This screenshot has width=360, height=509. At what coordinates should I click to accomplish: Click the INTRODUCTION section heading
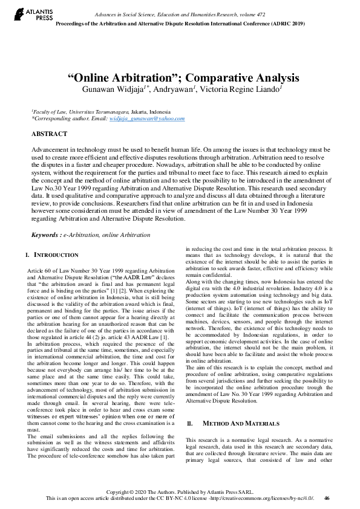(x=56, y=254)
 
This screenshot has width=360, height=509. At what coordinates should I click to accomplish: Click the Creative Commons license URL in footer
(x=261, y=499)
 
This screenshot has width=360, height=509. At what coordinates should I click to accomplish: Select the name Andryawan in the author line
(x=172, y=89)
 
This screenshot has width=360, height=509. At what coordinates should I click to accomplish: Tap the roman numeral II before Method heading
(x=190, y=390)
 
